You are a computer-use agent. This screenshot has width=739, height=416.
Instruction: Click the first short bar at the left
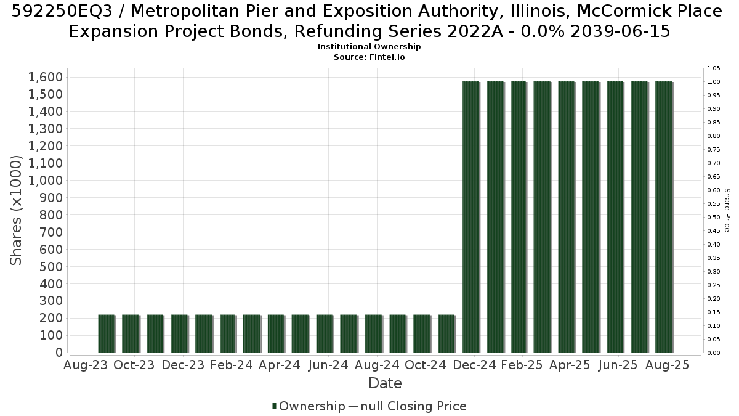(106, 333)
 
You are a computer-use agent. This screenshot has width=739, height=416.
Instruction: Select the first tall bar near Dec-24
(470, 217)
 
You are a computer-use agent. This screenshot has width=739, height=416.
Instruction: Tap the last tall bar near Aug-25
(664, 217)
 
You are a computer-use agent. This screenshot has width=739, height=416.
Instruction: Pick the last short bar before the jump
(446, 333)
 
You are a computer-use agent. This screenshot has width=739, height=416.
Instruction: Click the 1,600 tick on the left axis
(46, 77)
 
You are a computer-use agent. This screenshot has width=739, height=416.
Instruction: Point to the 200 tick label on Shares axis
(50, 318)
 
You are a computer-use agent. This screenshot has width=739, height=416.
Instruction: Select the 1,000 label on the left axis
(46, 180)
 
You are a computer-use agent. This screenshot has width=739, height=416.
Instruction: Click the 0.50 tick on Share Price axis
(713, 217)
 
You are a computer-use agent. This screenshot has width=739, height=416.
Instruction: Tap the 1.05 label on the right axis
(713, 68)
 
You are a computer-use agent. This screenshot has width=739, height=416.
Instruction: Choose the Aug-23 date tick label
(86, 365)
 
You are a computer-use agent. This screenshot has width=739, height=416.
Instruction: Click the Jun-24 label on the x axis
(328, 365)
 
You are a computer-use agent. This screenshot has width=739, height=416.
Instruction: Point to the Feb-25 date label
(522, 365)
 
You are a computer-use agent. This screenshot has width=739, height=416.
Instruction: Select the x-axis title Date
(385, 383)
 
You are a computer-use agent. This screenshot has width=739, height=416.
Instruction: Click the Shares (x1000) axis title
(16, 210)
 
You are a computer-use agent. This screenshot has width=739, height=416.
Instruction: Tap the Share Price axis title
(727, 210)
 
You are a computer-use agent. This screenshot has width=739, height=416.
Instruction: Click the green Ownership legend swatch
(274, 406)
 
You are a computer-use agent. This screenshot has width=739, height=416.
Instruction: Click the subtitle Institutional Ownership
(369, 47)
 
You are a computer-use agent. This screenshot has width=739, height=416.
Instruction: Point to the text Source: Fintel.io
(369, 57)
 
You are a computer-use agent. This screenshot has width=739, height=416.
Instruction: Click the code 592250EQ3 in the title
(62, 11)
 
